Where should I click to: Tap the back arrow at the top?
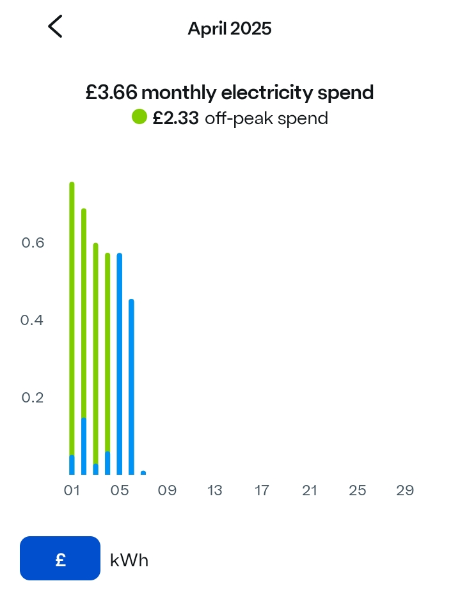[55, 27]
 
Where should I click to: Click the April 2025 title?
[230, 28]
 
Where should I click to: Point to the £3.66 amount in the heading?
[111, 93]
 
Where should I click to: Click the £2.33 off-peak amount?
[175, 118]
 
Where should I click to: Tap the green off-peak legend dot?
[139, 117]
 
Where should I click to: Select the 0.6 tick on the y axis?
[33, 243]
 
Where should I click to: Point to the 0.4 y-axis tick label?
[33, 320]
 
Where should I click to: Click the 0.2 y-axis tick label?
[33, 397]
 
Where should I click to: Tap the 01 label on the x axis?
[72, 491]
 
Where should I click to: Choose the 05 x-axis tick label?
[119, 491]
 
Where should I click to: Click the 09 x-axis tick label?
[167, 491]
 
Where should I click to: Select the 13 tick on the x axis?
[214, 491]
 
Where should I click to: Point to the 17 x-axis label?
[262, 491]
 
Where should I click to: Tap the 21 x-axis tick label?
[310, 491]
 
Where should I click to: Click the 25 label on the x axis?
[357, 491]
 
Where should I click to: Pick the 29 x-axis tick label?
[405, 491]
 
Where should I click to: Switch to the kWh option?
[129, 561]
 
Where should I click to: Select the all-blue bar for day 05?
[120, 365]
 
